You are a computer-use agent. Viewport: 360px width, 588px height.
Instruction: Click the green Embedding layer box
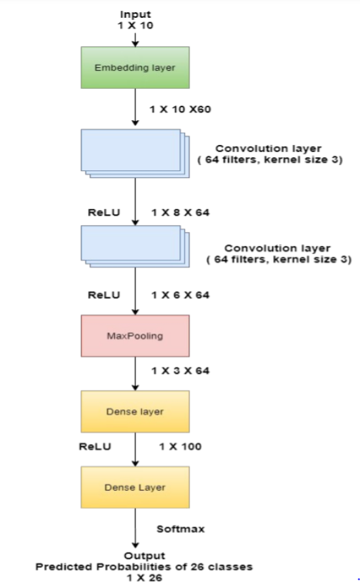click(135, 68)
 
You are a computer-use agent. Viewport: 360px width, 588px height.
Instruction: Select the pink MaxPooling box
click(135, 336)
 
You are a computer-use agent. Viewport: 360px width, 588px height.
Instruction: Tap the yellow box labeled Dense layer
click(135, 412)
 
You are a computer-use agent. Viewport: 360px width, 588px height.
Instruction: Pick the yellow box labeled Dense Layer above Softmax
click(135, 487)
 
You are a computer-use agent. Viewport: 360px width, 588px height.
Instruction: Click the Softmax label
click(180, 529)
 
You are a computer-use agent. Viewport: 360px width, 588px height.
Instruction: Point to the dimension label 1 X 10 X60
click(180, 109)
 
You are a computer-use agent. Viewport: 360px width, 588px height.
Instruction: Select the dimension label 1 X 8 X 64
click(180, 212)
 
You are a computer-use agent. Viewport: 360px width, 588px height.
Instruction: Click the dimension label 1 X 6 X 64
click(180, 295)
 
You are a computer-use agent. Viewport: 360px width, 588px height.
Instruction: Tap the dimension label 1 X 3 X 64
click(180, 371)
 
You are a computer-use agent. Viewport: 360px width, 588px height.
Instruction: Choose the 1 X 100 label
click(180, 446)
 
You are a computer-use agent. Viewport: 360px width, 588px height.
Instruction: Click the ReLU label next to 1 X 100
click(95, 446)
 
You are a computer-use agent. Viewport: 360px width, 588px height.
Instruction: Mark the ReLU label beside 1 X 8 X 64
click(104, 212)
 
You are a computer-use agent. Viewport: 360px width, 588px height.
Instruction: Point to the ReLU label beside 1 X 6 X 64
click(104, 295)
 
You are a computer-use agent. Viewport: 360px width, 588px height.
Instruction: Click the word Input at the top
click(136, 14)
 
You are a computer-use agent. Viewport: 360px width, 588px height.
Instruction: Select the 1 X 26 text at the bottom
click(144, 577)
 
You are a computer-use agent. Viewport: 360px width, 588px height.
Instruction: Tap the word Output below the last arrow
click(144, 556)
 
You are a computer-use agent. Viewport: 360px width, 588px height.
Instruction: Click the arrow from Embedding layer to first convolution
click(136, 107)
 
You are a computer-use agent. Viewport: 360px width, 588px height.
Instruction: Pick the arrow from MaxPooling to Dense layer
click(136, 374)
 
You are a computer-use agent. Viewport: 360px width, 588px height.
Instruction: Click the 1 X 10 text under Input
click(136, 25)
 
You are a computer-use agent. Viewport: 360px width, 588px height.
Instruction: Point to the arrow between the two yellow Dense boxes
click(136, 449)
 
